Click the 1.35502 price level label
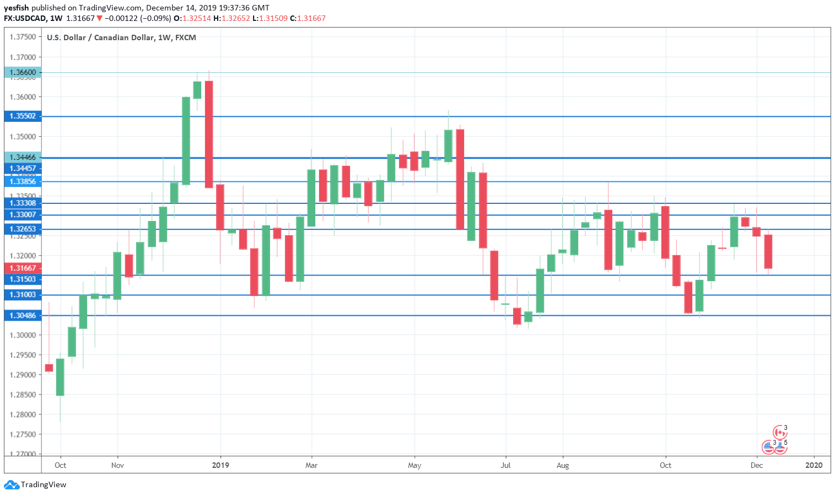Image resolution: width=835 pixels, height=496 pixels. point(23,116)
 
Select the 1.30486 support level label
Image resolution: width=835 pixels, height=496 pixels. point(23,316)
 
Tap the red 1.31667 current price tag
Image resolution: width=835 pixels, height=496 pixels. point(23,268)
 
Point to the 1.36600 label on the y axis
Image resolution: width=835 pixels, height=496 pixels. point(23,72)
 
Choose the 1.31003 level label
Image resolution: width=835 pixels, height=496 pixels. point(23,295)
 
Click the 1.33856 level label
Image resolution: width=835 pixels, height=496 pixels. point(23,182)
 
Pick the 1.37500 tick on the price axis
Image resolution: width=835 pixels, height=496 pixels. point(23,37)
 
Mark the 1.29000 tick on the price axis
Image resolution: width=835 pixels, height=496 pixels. point(23,375)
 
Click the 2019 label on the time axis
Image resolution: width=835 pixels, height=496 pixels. point(220,465)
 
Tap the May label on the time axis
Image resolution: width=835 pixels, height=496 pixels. point(414,465)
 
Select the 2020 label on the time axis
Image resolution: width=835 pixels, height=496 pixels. point(814,465)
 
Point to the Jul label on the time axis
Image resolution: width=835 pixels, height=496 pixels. point(505,465)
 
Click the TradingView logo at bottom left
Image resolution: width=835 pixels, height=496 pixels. point(35,485)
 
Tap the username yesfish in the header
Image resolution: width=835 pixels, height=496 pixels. point(16,8)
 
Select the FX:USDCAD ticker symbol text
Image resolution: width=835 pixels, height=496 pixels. point(25,18)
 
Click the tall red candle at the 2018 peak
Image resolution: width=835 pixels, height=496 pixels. point(209,134)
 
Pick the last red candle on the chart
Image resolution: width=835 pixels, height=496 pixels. point(768,251)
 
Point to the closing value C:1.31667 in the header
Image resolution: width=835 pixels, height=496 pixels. point(308,18)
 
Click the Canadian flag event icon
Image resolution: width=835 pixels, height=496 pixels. point(779,432)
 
